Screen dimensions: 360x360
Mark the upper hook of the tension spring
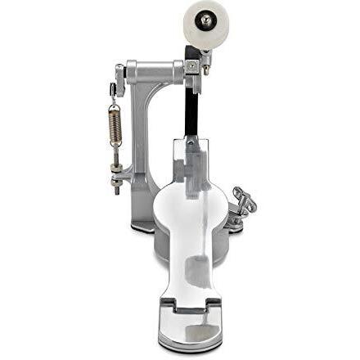pyautogui.click(x=115, y=102)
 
